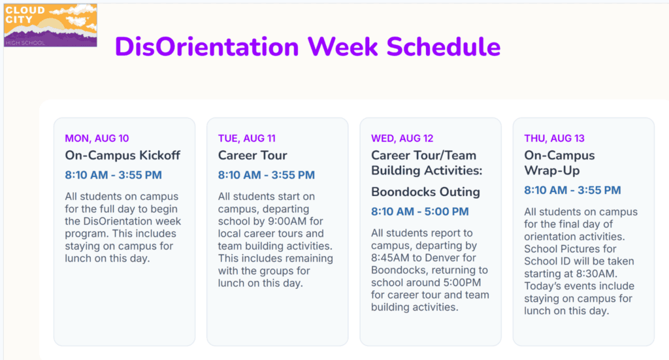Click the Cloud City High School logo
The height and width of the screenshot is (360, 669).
click(x=50, y=25)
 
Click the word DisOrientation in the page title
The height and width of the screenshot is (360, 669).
click(x=207, y=46)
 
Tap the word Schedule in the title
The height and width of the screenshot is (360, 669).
click(x=444, y=46)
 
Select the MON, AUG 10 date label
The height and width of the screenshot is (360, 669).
click(x=97, y=139)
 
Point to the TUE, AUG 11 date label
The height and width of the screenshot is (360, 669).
click(x=246, y=139)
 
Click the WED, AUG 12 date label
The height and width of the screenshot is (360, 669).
click(x=402, y=139)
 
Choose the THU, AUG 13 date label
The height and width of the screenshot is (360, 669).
click(x=554, y=139)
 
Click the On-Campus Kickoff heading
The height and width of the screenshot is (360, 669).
click(x=122, y=155)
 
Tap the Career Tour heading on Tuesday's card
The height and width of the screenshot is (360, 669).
click(x=253, y=155)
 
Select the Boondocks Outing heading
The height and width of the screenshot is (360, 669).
click(x=425, y=192)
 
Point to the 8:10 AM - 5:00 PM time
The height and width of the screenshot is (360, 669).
click(x=420, y=212)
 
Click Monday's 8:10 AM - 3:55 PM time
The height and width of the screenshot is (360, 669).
click(x=113, y=175)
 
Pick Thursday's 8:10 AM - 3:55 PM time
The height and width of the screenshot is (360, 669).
click(x=572, y=190)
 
